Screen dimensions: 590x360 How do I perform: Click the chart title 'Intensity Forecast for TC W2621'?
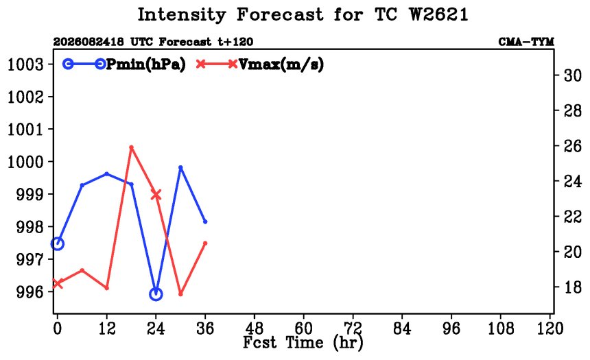click(303, 15)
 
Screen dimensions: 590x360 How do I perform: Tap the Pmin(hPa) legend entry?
click(124, 64)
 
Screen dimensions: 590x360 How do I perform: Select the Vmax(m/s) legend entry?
click(259, 64)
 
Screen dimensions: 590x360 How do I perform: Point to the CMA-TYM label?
click(526, 42)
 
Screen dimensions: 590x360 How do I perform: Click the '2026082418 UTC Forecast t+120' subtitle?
click(153, 42)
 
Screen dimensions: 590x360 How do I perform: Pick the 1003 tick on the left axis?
click(25, 64)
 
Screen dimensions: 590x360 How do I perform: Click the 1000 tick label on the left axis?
click(25, 162)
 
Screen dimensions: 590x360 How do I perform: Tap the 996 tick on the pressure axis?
click(29, 291)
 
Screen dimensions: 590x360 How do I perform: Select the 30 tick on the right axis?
click(572, 76)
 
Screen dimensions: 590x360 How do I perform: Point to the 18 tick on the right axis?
click(572, 287)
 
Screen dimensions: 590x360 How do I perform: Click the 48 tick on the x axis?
click(255, 328)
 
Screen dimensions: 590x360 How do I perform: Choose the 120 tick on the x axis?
click(550, 328)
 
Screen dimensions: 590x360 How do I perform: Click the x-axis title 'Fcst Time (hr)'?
click(303, 342)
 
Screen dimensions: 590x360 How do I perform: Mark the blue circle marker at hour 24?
click(156, 293)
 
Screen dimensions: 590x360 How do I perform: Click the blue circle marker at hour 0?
click(57, 243)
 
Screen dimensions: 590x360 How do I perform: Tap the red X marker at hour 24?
click(156, 195)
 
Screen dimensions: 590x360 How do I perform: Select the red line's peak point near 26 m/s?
click(131, 147)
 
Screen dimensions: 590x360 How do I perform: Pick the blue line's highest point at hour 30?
click(180, 168)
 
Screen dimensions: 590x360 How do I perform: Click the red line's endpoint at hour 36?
click(205, 243)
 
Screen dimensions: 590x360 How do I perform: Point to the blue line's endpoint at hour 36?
click(205, 221)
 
